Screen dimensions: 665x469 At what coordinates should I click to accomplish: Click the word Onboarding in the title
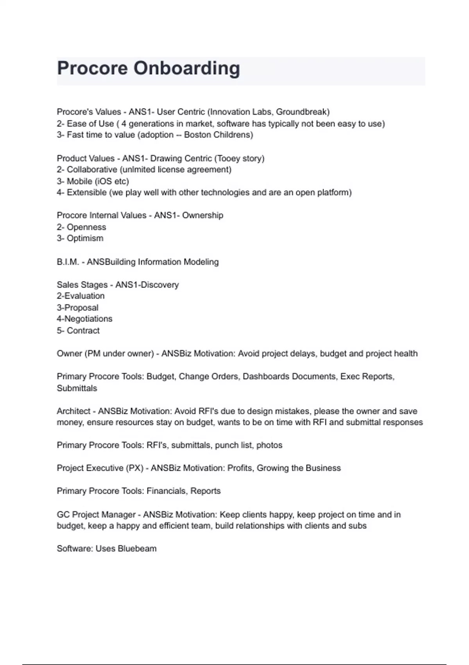(187, 68)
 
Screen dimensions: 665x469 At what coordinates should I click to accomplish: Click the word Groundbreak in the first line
(302, 112)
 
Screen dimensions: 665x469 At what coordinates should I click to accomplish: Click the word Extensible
(87, 192)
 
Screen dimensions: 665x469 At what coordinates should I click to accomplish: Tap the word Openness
(86, 227)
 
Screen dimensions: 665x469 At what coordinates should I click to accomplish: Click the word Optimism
(85, 239)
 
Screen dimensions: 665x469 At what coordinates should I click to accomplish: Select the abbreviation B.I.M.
(68, 262)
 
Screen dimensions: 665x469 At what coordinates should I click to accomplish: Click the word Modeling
(201, 262)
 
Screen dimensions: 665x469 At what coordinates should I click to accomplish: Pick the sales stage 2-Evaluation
(81, 296)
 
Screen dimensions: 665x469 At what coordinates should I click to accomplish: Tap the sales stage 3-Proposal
(77, 308)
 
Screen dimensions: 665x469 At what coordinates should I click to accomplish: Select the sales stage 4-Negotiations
(84, 319)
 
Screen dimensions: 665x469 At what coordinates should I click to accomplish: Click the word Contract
(83, 331)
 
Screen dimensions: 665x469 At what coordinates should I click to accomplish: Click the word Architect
(73, 412)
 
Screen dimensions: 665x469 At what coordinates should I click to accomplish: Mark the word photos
(269, 446)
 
